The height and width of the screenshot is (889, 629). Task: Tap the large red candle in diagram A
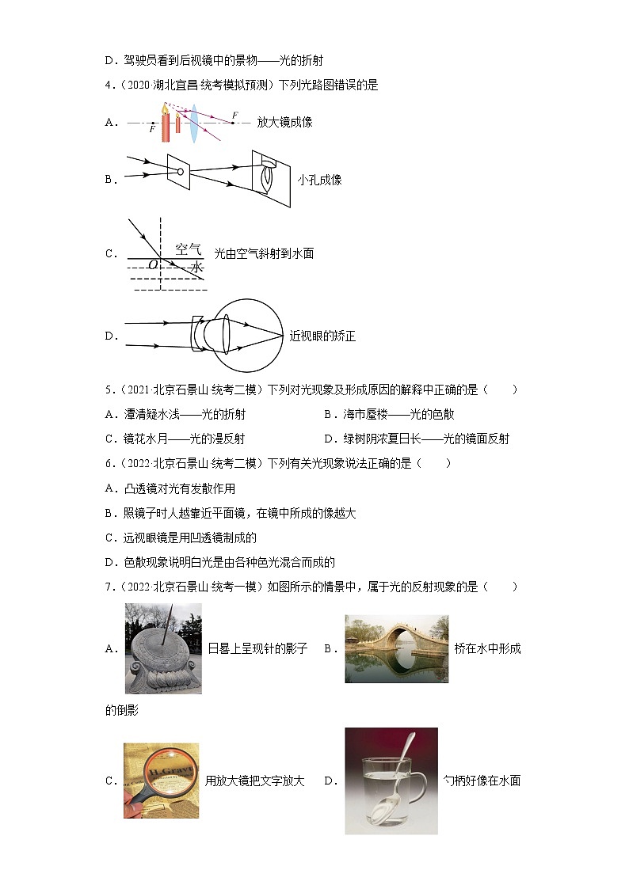166,127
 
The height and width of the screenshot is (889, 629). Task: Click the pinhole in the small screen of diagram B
180,171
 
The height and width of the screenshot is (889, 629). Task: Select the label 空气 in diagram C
189,248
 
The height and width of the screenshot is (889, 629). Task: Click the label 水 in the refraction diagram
196,268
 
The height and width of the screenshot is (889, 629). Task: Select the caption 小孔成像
319,180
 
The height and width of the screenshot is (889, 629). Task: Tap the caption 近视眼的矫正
322,336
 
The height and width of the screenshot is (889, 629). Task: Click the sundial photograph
163,648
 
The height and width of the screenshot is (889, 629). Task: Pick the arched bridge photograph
396,648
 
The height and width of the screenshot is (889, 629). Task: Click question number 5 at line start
109,389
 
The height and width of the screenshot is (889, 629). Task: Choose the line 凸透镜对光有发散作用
177,488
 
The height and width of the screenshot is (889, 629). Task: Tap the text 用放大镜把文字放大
254,781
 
